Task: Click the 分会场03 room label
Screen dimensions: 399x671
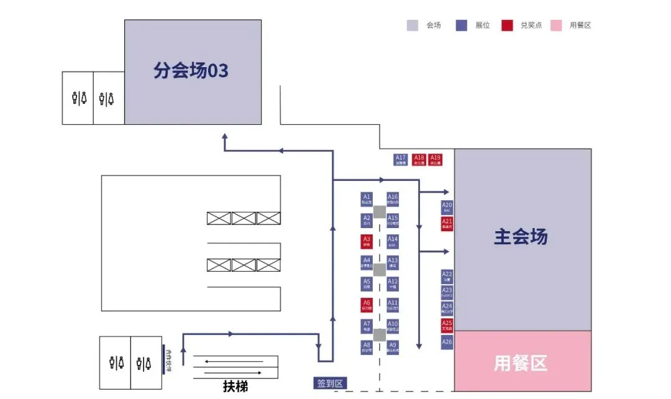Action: [191, 71]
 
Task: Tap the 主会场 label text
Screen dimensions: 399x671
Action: [521, 237]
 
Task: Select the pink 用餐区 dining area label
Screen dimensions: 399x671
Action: [521, 363]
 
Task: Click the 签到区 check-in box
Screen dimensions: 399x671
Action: [331, 383]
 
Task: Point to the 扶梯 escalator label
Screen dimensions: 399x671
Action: [235, 387]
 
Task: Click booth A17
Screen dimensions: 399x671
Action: [401, 160]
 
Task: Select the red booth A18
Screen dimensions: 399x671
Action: [419, 160]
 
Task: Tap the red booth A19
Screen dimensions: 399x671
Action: [436, 160]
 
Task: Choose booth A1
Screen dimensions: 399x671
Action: [367, 199]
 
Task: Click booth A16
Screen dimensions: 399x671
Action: [393, 199]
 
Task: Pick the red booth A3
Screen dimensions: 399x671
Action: [367, 241]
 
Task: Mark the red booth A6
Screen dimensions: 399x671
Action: [367, 305]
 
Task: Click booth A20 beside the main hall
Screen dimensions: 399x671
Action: [447, 208]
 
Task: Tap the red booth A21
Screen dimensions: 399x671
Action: [447, 224]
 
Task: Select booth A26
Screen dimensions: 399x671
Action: [447, 342]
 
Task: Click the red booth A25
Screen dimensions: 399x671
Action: [447, 326]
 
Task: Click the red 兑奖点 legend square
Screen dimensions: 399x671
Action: [508, 25]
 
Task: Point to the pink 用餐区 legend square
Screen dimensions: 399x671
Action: [556, 25]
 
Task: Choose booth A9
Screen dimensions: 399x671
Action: [393, 347]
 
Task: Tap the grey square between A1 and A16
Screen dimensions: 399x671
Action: [380, 212]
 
